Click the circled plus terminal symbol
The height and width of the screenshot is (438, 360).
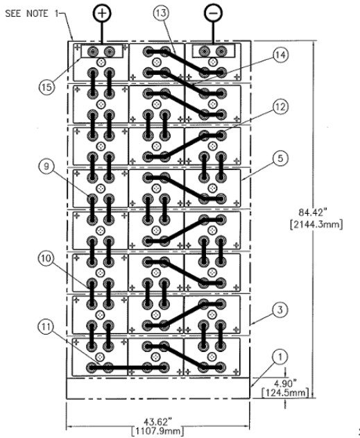tap(102, 13)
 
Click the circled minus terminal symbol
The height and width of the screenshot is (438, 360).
tap(214, 13)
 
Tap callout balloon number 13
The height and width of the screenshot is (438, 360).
tap(162, 13)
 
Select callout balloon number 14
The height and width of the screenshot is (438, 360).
tap(280, 55)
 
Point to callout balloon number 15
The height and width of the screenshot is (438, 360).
tap(46, 87)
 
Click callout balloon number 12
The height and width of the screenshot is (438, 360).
tap(280, 107)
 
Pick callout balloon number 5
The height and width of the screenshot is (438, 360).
tap(280, 158)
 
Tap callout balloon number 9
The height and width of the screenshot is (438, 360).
tap(46, 167)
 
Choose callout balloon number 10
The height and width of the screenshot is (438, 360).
tap(46, 258)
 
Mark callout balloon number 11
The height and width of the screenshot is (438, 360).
tap(46, 326)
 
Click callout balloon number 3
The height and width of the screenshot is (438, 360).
tap(280, 310)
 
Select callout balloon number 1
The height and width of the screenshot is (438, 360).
tap(280, 356)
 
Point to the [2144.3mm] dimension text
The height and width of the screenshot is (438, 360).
tap(316, 224)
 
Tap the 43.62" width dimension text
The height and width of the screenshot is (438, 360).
tap(157, 414)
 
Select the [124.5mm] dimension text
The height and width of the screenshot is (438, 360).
tap(285, 393)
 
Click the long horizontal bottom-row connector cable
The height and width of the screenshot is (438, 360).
tap(127, 368)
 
